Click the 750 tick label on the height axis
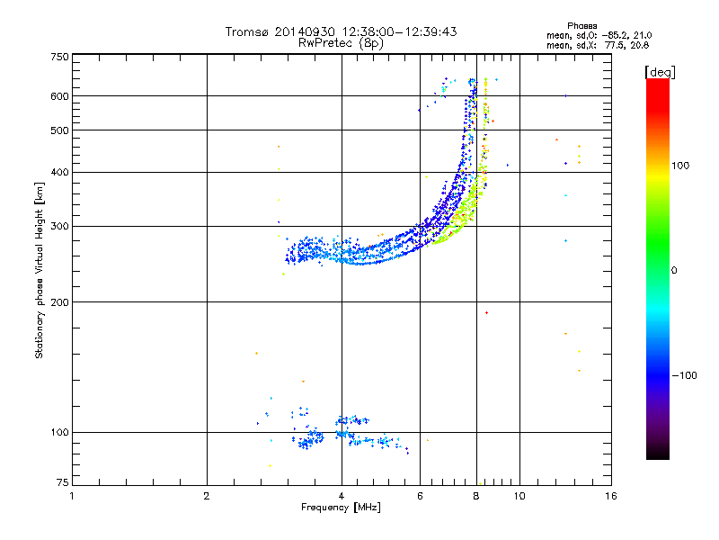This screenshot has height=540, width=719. click(60, 56)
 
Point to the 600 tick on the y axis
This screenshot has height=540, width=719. click(60, 95)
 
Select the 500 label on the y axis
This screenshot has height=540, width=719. click(60, 130)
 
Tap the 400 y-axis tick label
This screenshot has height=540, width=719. click(60, 172)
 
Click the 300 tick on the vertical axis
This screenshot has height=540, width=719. click(60, 226)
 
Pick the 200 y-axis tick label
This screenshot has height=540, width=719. click(60, 301)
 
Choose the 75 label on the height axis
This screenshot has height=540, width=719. click(63, 484)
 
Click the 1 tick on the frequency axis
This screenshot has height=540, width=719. click(73, 496)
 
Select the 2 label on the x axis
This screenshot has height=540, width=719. click(207, 496)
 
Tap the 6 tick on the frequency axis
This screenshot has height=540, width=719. click(421, 496)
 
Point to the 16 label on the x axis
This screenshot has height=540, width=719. click(610, 496)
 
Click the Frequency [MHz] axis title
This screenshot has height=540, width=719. click(341, 508)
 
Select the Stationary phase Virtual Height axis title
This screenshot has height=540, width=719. click(40, 270)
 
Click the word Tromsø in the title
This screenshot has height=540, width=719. click(245, 31)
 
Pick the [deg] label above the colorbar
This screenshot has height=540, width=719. click(658, 71)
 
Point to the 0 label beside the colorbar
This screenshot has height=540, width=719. click(677, 270)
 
